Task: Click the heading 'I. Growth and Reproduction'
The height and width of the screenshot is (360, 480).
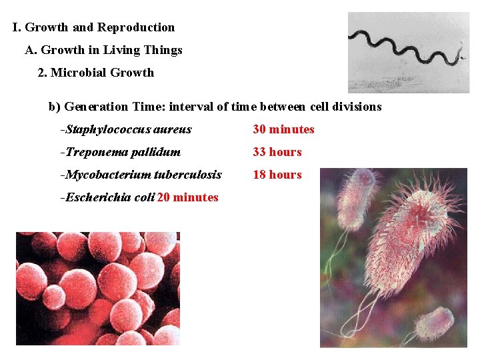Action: pyautogui.click(x=93, y=28)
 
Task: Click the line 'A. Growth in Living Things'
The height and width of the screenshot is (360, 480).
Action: pyautogui.click(x=103, y=50)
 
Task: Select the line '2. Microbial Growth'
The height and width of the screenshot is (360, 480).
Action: pyautogui.click(x=95, y=73)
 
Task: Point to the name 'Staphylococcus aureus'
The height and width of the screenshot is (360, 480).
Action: pyautogui.click(x=129, y=129)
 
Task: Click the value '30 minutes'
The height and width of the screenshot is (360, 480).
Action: pyautogui.click(x=283, y=129)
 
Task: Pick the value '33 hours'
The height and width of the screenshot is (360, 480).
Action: pyautogui.click(x=277, y=152)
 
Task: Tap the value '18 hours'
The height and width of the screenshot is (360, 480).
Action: pyautogui.click(x=277, y=175)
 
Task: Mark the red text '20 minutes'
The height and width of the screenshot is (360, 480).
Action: pyautogui.click(x=188, y=197)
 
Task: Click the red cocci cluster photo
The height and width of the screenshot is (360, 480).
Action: pyautogui.click(x=98, y=288)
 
